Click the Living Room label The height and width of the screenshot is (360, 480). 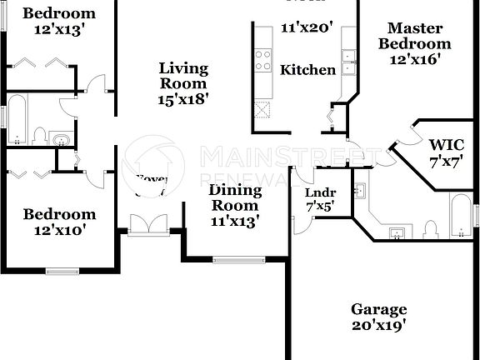pyautogui.click(x=183, y=76)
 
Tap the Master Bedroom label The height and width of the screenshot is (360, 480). pyautogui.click(x=414, y=36)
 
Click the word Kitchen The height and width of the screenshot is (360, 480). pyautogui.click(x=307, y=70)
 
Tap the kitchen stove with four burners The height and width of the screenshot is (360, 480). pyautogui.click(x=263, y=59)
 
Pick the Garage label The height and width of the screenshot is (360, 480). pyautogui.click(x=378, y=308)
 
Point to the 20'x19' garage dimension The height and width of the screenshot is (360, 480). pyautogui.click(x=378, y=326)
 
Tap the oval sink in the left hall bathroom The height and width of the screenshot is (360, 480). pyautogui.click(x=62, y=139)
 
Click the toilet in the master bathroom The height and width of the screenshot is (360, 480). pyautogui.click(x=430, y=228)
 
